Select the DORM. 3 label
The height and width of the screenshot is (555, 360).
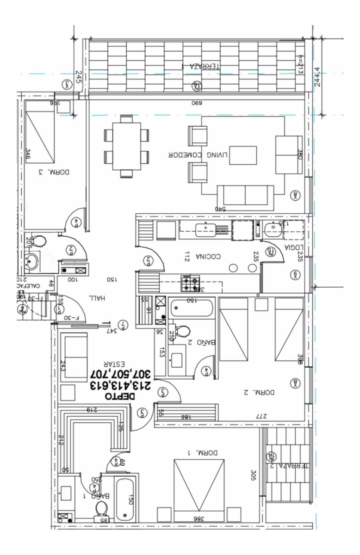(54, 172)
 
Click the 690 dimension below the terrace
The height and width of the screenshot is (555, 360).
(197, 102)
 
